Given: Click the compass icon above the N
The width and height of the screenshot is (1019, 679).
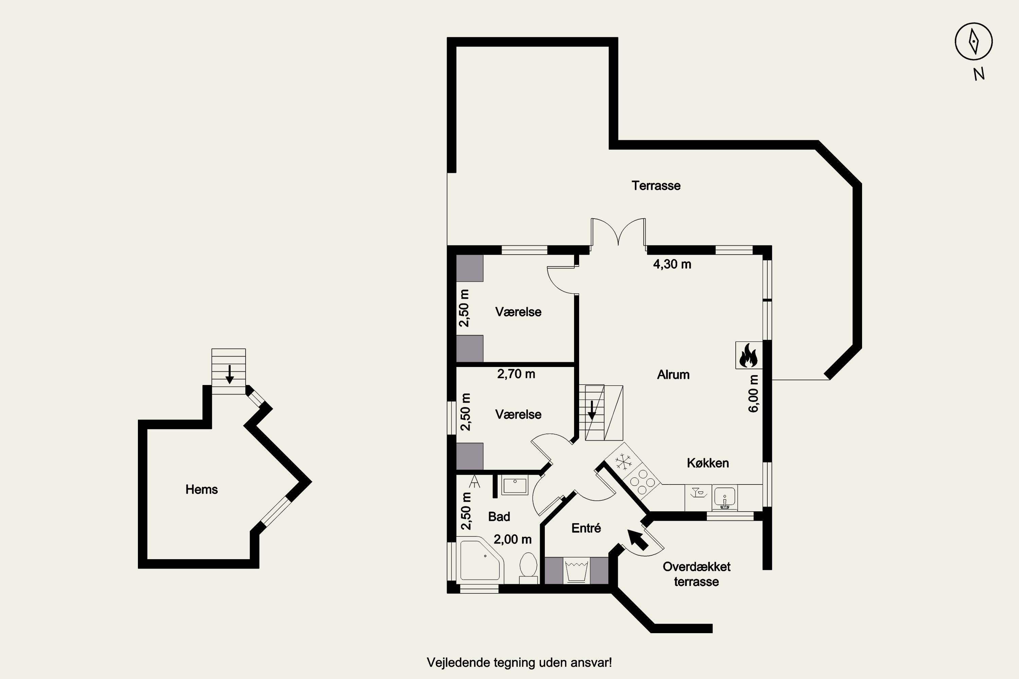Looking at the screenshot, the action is coord(973,41).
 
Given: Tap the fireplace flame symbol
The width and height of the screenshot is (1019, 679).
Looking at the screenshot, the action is coord(749,355).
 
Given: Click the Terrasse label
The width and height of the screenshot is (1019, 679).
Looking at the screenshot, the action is coord(656,186).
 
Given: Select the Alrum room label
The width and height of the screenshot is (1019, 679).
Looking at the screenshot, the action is coord(673,374).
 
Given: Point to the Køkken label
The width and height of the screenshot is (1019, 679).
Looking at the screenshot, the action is coord(708,463).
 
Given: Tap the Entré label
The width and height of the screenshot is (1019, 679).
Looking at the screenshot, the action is coord(586,528).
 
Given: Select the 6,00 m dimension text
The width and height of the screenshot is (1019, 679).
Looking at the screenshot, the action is coord(753,393).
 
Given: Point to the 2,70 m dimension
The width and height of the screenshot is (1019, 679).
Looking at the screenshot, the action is coord(516,374).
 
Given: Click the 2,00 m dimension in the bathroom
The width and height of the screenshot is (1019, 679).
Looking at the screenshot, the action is coord(513,539).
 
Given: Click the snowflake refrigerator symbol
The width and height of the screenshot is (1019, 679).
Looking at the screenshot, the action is coord(623,461).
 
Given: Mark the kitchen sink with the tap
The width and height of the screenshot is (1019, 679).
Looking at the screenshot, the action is coord(725,498).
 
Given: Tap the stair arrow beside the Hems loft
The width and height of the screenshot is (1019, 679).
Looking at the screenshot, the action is coord(229,374).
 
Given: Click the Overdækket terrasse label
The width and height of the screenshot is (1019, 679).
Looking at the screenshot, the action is coord(697,574).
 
